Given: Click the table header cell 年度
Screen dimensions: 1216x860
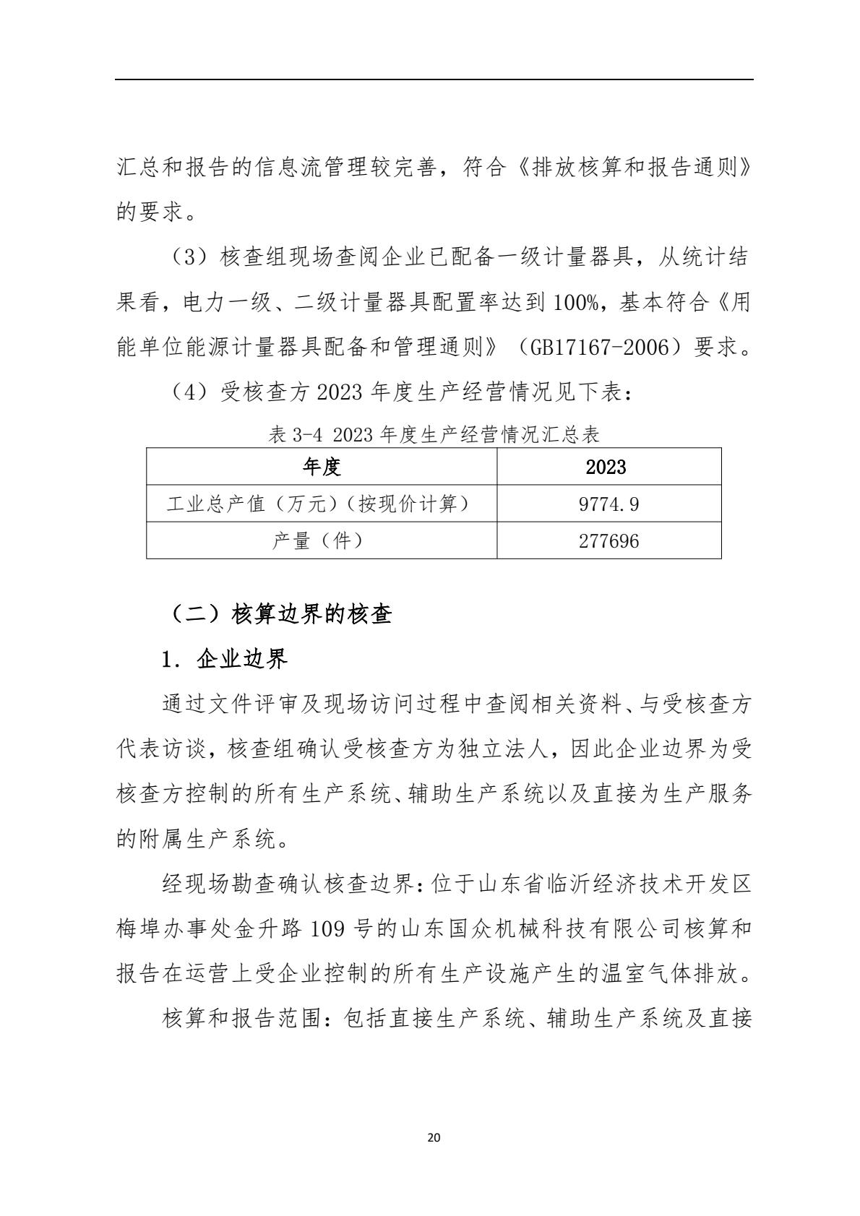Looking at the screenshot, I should coord(321,467).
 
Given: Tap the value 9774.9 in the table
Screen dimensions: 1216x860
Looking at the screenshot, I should coord(609,504).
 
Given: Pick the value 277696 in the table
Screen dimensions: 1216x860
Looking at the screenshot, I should coord(609,540).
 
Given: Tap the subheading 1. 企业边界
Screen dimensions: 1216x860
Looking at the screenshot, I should coord(225,658).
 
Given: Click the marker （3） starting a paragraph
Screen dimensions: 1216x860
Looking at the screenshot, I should coord(187,258).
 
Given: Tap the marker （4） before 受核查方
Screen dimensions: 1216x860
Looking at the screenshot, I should coord(187,392).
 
